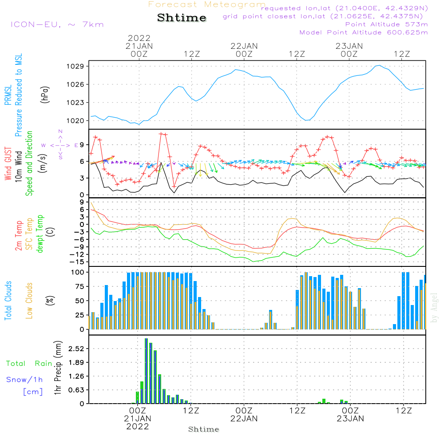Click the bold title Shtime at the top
pyautogui.click(x=182, y=18)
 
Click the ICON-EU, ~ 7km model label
pyautogui.click(x=57, y=24)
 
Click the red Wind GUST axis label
pyautogui.click(x=8, y=163)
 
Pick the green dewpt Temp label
pyautogui.click(x=40, y=234)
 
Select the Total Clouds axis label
pyautogui.click(x=8, y=301)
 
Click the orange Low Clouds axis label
pyautogui.click(x=29, y=301)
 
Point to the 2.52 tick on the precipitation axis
pyautogui.click(x=75, y=349)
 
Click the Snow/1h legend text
pyautogui.click(x=24, y=380)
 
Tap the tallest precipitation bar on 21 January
pyautogui.click(x=147, y=371)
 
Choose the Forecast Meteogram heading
pyautogui.click(x=207, y=4)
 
